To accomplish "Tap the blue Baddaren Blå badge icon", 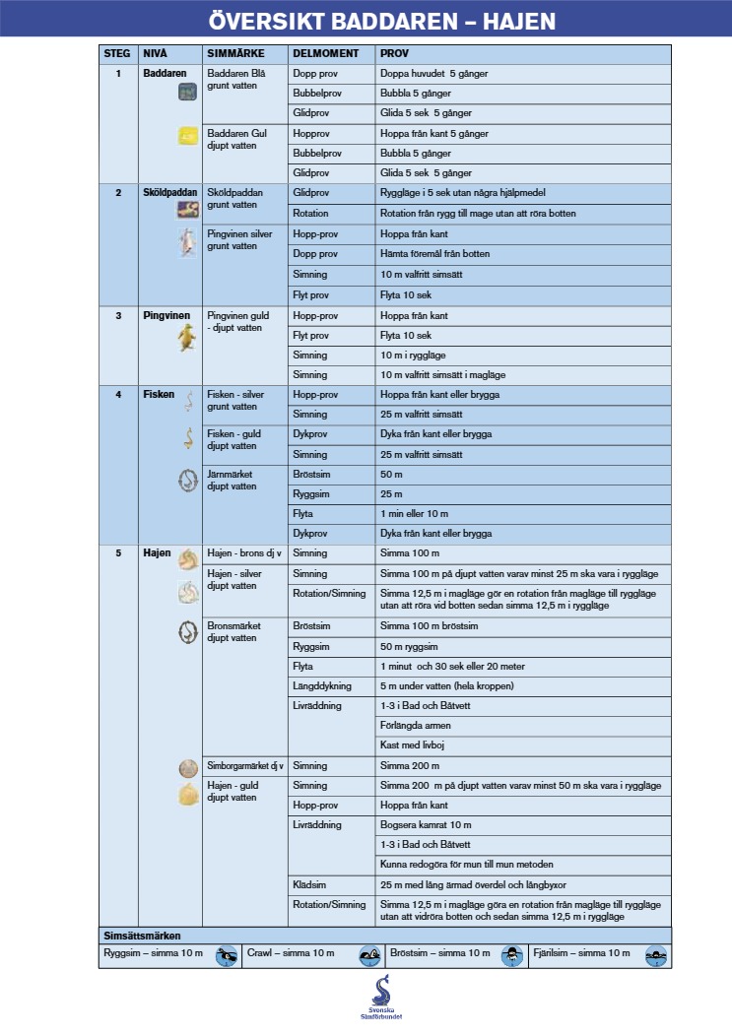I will click(187, 92).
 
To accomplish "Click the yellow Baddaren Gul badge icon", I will click(187, 137).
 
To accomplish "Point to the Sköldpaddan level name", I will click(170, 192).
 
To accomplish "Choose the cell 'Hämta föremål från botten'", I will click(434, 254).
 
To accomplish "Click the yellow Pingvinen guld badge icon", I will click(186, 339).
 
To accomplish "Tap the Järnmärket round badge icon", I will click(187, 481).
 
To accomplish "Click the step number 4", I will click(117, 395).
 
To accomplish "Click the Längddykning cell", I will click(321, 685).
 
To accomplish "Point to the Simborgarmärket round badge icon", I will click(187, 768).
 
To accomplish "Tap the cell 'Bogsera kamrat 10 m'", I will click(426, 824).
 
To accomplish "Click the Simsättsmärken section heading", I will click(142, 935).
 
